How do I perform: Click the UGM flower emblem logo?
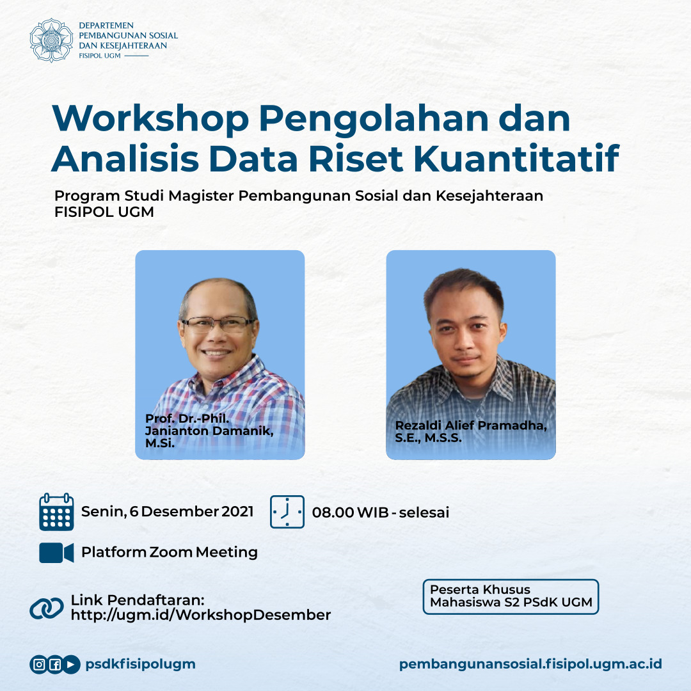pyautogui.click(x=52, y=40)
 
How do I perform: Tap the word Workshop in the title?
pyautogui.click(x=148, y=119)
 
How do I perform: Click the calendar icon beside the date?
pyautogui.click(x=56, y=512)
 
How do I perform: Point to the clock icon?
pyautogui.click(x=287, y=512)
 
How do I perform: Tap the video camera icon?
pyautogui.click(x=56, y=552)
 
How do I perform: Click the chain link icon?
pyautogui.click(x=47, y=608)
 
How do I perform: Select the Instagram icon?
pyautogui.click(x=39, y=665)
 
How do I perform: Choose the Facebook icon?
pyautogui.click(x=55, y=665)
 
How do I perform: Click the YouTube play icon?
pyautogui.click(x=71, y=665)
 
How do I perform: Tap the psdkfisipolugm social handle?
pyautogui.click(x=140, y=665)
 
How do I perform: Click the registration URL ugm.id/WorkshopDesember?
pyautogui.click(x=201, y=616)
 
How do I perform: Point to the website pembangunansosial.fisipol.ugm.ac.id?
pyautogui.click(x=530, y=664)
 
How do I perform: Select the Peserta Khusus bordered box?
pyautogui.click(x=511, y=596)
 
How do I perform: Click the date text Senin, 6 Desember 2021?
pyautogui.click(x=167, y=512)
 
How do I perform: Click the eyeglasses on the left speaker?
pyautogui.click(x=218, y=324)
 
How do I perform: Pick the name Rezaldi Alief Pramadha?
pyautogui.click(x=471, y=427)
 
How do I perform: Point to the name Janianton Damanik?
pyautogui.click(x=209, y=431)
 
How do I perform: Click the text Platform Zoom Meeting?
pyautogui.click(x=170, y=552)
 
